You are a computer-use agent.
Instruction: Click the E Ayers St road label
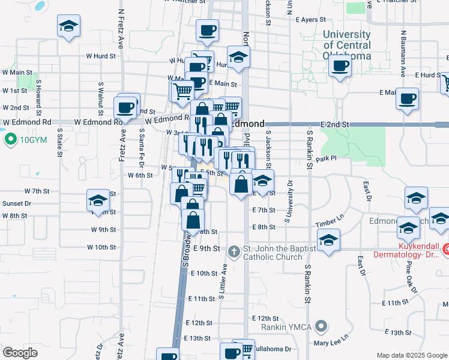pyautogui.click(x=310, y=20)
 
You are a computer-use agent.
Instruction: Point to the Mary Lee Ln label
pyautogui.click(x=331, y=343)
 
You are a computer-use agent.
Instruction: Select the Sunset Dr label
pyautogui.click(x=17, y=203)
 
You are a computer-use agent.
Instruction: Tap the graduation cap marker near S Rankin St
pyautogui.click(x=328, y=241)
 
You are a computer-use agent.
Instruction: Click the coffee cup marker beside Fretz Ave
pyautogui.click(x=126, y=107)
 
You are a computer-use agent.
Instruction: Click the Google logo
pyautogui.click(x=20, y=353)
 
